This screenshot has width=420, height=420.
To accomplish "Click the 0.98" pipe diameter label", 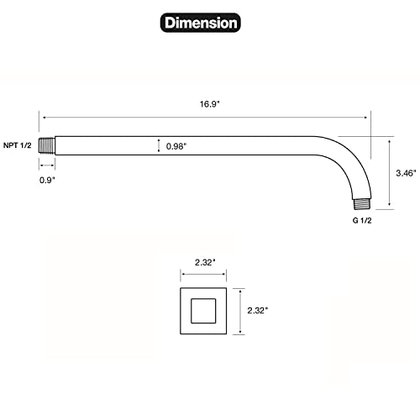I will pos(176,146).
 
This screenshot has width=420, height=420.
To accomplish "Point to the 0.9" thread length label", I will pos(49,179).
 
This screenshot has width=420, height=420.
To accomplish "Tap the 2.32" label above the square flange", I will pos(205,262).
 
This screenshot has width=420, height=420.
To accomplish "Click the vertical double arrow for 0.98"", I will pos(158,146).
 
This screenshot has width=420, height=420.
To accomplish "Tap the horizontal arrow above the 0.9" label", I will pos(48,165).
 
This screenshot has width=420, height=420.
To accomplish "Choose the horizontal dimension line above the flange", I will pos(204,275).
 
